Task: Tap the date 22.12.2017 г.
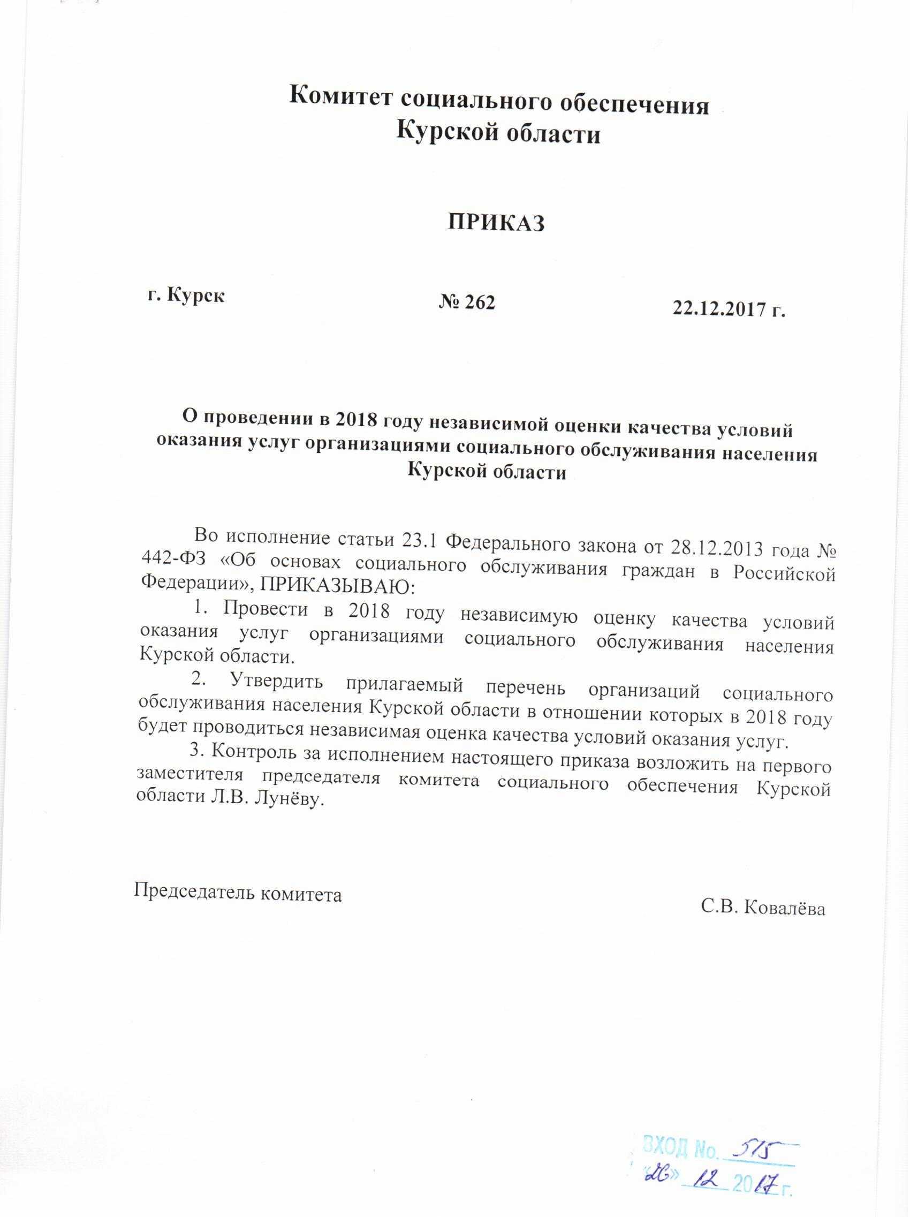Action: (728, 311)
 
